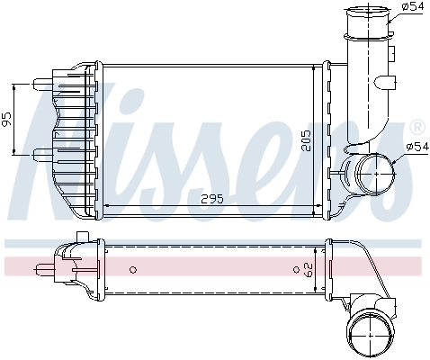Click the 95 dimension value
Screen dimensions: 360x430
point(7,118)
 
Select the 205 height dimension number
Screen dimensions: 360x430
point(306,142)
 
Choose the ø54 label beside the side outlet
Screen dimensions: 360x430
point(418,145)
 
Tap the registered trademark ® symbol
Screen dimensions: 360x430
point(417,127)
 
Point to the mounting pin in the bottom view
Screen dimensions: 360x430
point(44,266)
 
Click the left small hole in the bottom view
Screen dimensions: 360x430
point(132,268)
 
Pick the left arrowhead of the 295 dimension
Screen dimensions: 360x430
point(108,206)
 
